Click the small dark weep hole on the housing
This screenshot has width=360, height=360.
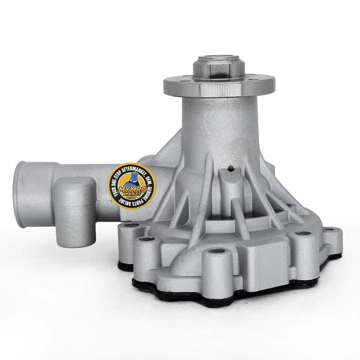pos(231,170)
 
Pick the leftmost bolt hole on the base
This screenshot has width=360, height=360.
pos(130,225)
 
